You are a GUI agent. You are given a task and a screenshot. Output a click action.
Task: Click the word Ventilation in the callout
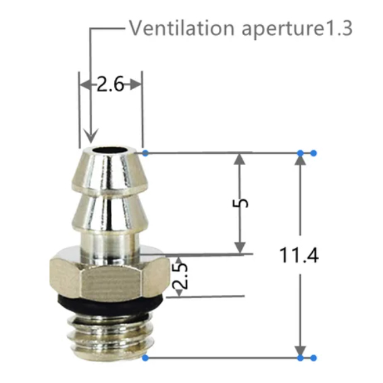pyautogui.click(x=182, y=28)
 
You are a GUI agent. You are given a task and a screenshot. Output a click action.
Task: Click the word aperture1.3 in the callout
pyautogui.click(x=297, y=30)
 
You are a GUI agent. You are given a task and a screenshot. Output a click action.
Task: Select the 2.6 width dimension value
pyautogui.click(x=110, y=84)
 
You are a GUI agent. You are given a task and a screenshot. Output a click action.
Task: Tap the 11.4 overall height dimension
pyautogui.click(x=299, y=255)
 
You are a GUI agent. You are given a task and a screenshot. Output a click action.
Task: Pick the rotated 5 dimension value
pyautogui.click(x=240, y=203)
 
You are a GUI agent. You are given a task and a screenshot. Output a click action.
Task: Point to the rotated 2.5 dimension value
pyautogui.click(x=180, y=276)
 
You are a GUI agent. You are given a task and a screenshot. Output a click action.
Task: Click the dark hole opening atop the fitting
pyautogui.click(x=110, y=150)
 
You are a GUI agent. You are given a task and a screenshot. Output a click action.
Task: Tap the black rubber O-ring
pyautogui.click(x=110, y=305)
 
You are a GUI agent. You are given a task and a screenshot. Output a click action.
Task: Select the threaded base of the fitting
pyautogui.click(x=109, y=337)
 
